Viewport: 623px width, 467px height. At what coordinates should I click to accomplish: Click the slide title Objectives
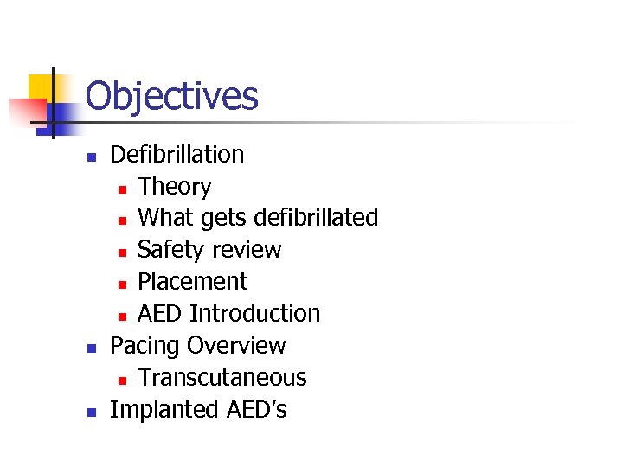tap(171, 96)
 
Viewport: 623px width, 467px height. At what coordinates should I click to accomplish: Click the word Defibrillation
tap(177, 155)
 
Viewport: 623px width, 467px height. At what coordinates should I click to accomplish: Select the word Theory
tap(175, 187)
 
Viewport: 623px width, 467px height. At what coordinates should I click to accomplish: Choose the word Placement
tap(192, 282)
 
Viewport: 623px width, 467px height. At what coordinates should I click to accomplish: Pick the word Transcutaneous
tap(222, 378)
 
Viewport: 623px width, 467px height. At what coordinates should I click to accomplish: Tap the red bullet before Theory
tap(123, 189)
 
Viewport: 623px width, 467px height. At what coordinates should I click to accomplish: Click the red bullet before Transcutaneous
tap(123, 380)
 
